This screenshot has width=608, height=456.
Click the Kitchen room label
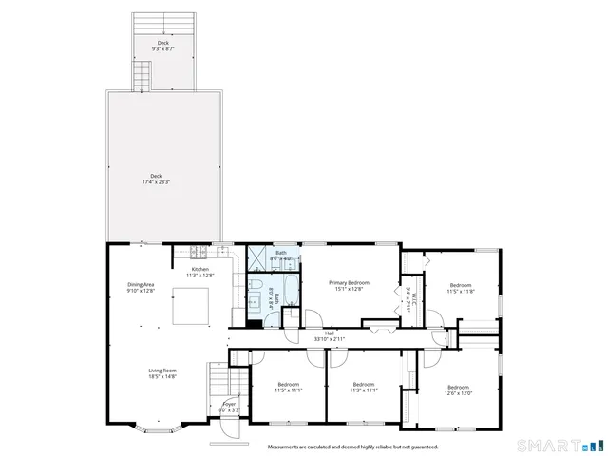pyautogui.click(x=200, y=272)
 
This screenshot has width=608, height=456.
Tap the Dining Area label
pyautogui.click(x=141, y=288)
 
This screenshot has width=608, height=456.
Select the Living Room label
pyautogui.click(x=162, y=373)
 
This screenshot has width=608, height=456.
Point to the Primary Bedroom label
pyautogui.click(x=349, y=285)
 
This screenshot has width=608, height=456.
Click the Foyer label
pyautogui.click(x=229, y=407)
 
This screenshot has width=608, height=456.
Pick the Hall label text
pyautogui.click(x=330, y=334)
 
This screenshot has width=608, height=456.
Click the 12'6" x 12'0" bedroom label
pyautogui.click(x=459, y=389)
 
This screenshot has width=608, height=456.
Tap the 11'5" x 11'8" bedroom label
pyautogui.click(x=461, y=288)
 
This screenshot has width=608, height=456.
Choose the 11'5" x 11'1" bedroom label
pyautogui.click(x=288, y=388)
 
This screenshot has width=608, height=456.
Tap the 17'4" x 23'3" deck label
pyautogui.click(x=156, y=179)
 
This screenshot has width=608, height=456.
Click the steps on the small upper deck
pyautogui.click(x=142, y=75)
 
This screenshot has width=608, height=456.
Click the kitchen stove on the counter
pyautogui.click(x=198, y=253)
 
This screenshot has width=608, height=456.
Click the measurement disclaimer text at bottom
pyautogui.click(x=352, y=446)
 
